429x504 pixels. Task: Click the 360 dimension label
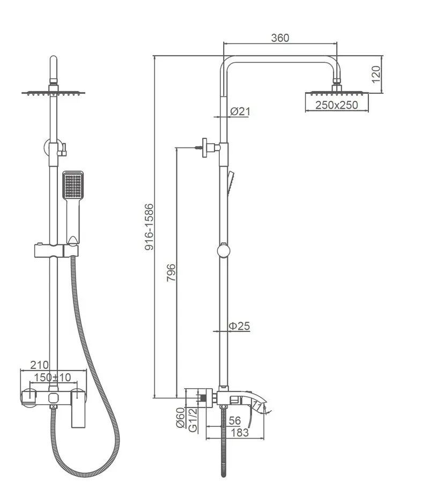pyautogui.click(x=280, y=38)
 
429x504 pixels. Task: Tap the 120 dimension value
pyautogui.click(x=376, y=74)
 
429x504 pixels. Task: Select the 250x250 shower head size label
pyautogui.click(x=336, y=105)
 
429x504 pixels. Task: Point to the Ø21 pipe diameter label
pyautogui.click(x=240, y=112)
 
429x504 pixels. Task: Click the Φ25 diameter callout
pyautogui.click(x=239, y=326)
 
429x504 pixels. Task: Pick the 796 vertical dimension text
pyautogui.click(x=172, y=272)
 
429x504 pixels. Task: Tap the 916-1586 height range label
pyautogui.click(x=149, y=227)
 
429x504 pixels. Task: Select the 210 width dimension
pyautogui.click(x=39, y=365)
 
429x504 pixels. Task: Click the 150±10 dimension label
pyautogui.click(x=53, y=377)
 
